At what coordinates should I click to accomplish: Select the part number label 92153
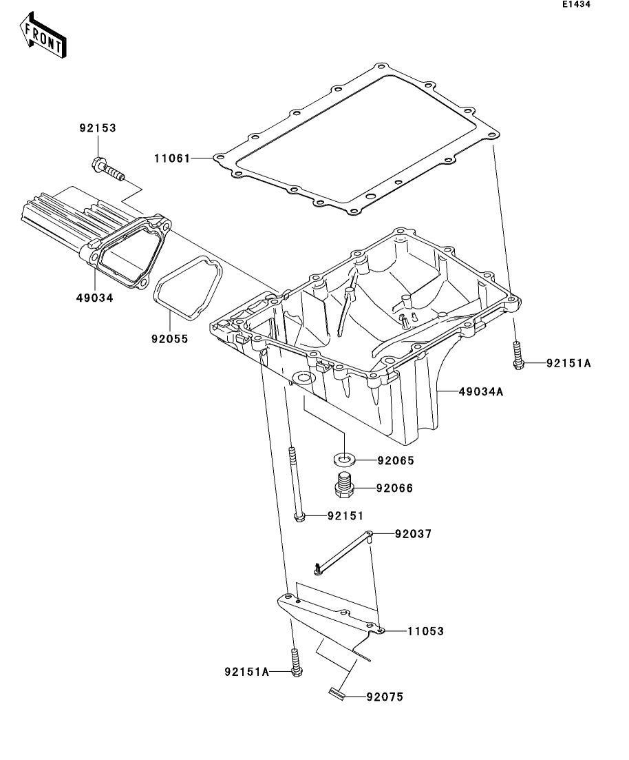[97, 127]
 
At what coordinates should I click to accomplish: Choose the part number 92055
[170, 339]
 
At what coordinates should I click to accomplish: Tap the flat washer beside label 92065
[344, 457]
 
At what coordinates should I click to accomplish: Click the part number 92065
[396, 460]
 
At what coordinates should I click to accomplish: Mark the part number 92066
[396, 489]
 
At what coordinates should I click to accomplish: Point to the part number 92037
[413, 533]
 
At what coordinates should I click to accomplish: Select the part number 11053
[425, 630]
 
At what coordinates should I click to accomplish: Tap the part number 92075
[384, 697]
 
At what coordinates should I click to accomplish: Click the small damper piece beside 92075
[336, 694]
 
